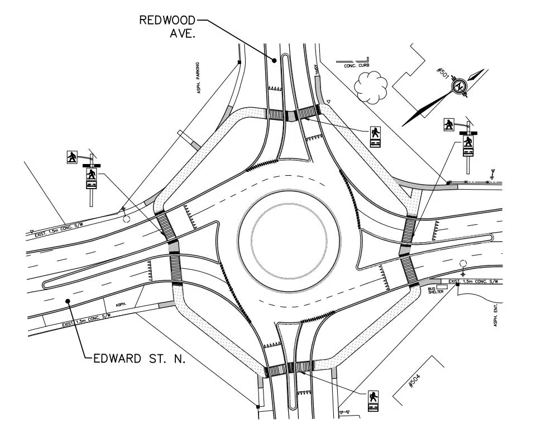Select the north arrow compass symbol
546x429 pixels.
pyautogui.click(x=460, y=86)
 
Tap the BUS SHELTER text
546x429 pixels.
pyautogui.click(x=435, y=290)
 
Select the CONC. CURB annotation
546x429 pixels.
pyautogui.click(x=349, y=65)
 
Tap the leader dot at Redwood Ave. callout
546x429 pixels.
pyautogui.click(x=274, y=60)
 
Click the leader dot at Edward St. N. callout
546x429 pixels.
pyautogui.click(x=68, y=301)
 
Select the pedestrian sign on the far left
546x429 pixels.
pyautogui.click(x=72, y=157)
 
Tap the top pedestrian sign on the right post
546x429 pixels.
pyautogui.click(x=449, y=124)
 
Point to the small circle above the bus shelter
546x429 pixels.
pyautogui.click(x=462, y=263)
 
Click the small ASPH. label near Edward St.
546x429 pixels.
pyautogui.click(x=121, y=305)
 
